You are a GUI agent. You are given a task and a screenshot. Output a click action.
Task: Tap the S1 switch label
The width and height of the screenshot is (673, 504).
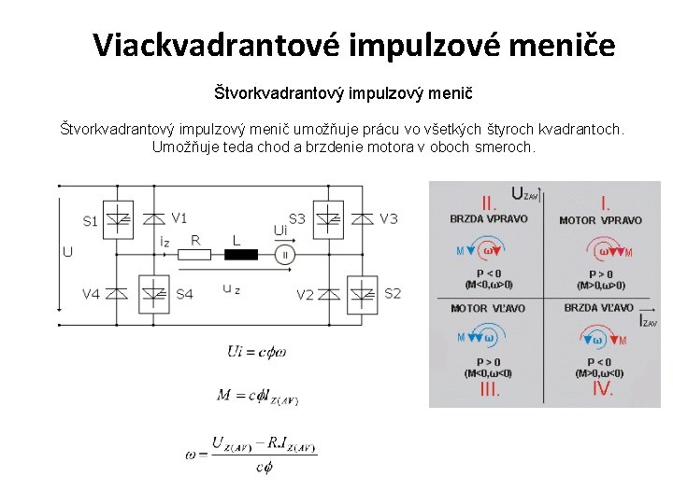[91, 221]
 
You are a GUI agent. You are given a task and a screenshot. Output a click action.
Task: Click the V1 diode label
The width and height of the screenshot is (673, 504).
[179, 218]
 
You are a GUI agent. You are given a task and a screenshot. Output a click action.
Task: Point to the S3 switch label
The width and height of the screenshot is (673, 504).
[297, 218]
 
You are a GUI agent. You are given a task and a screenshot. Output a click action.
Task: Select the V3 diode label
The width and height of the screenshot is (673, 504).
[389, 218]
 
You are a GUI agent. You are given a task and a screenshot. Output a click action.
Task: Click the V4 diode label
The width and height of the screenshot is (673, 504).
[91, 294]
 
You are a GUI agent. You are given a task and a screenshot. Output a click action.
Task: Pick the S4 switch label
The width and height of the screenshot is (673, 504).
[184, 294]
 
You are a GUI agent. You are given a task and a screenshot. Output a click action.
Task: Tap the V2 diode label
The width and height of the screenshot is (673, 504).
[306, 295]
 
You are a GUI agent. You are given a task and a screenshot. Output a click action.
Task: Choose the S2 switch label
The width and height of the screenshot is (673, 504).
[393, 293]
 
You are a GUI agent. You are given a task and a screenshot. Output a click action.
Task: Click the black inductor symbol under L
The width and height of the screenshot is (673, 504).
[241, 254]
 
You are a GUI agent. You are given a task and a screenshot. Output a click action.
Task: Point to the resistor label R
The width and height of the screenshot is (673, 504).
[195, 240]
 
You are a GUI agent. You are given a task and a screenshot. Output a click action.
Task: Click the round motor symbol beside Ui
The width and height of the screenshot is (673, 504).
[285, 254]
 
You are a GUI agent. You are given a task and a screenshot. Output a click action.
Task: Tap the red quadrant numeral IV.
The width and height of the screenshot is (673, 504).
[603, 388]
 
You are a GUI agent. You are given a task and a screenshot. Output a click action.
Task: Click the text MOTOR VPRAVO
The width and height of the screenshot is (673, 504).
[600, 220]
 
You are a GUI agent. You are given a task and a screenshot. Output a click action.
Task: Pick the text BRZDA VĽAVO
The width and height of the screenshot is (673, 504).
[598, 307]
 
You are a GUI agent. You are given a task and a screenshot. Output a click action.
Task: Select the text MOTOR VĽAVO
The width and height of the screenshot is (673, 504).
[488, 308]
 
